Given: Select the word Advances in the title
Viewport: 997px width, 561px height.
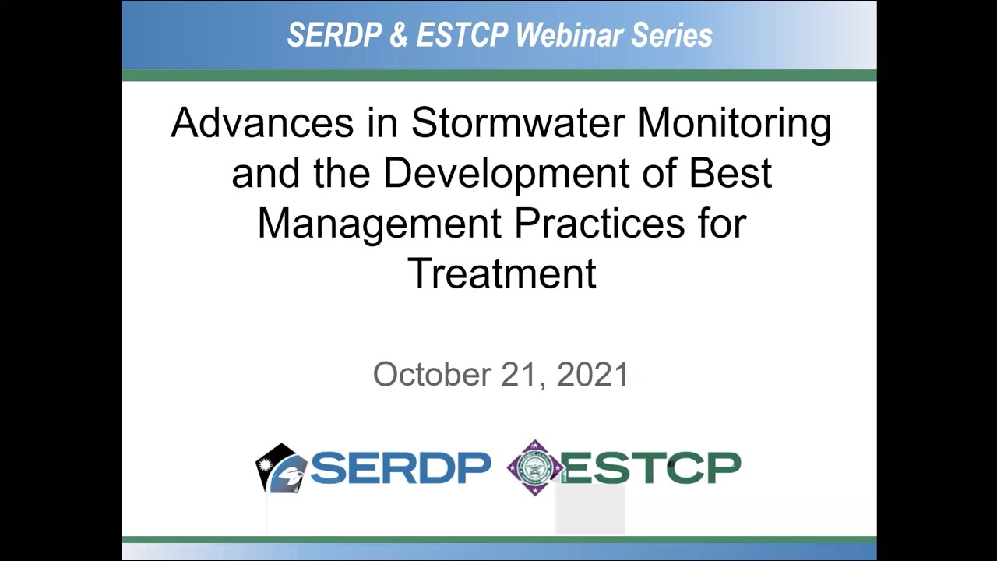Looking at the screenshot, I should (262, 123).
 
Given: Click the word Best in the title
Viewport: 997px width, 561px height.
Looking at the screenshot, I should (731, 173).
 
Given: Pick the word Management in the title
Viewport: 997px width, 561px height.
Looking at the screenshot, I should (379, 224).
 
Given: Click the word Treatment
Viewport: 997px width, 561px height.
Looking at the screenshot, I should (502, 273).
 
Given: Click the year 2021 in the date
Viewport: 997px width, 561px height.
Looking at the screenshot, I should (593, 375).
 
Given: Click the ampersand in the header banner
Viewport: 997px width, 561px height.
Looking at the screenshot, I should (399, 35).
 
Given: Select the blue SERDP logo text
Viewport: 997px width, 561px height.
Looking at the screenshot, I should (400, 468).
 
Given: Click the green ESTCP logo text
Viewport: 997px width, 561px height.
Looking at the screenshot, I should (651, 468).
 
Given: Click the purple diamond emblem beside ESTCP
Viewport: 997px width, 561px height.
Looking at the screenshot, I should (534, 468).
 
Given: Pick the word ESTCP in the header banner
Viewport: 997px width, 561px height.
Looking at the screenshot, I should (462, 35).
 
